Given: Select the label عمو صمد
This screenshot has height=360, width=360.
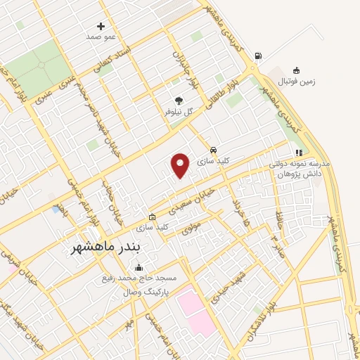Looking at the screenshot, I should (101, 36).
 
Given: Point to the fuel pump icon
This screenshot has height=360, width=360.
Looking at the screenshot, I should (259, 56).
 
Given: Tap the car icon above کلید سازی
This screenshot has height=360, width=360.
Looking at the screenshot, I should (213, 150).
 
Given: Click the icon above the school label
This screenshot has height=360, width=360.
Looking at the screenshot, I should (299, 153).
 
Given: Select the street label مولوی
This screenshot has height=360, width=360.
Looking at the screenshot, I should (191, 226).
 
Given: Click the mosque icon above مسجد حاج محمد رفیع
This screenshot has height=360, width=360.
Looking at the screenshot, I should (139, 268).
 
